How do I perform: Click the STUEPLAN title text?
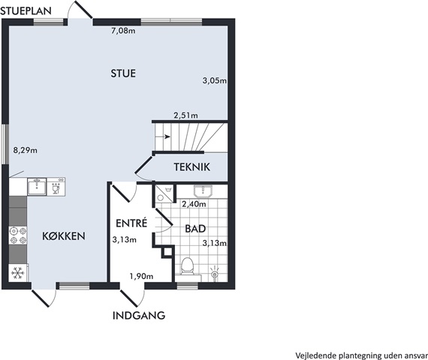tap(26, 11)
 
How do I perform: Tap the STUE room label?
tap(123, 73)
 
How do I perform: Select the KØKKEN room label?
tap(64, 236)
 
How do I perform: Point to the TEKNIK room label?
tap(192, 167)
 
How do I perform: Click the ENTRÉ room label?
tap(131, 223)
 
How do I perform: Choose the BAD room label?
tap(195, 229)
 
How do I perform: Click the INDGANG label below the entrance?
tap(139, 315)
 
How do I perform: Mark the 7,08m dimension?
tap(123, 31)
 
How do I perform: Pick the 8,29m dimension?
tap(26, 150)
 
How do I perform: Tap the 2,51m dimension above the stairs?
tap(186, 115)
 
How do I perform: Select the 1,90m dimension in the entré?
tap(141, 276)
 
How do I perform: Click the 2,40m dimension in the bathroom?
tap(194, 204)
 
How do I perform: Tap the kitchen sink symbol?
tap(37, 187)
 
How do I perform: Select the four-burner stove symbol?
tap(18, 235)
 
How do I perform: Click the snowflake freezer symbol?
tap(18, 273)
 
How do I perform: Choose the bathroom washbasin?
tap(203, 191)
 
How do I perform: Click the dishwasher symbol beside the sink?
tap(56, 187)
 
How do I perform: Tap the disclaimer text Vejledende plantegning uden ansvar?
tap(361, 355)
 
